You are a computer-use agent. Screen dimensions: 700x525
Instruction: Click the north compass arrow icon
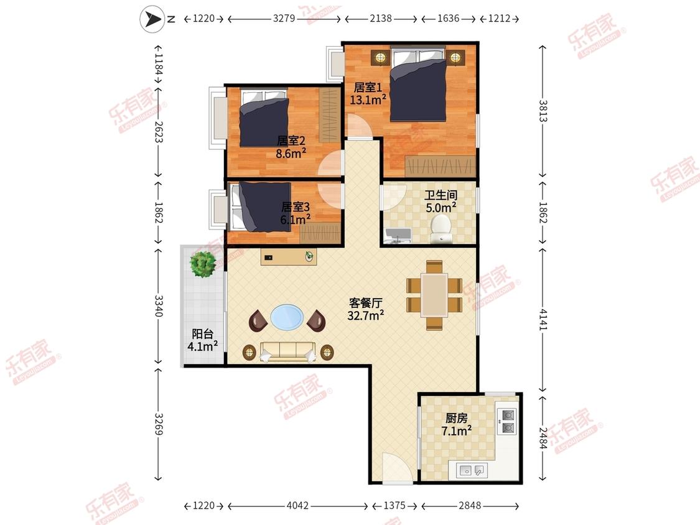(152, 19)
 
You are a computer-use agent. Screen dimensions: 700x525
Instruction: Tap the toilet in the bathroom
(441, 228)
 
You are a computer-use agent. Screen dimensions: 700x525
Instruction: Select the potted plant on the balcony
(203, 264)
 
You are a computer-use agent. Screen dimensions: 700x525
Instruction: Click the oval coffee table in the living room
(287, 317)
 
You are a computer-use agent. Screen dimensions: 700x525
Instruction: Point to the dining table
(434, 295)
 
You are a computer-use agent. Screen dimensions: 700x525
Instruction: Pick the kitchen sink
(472, 470)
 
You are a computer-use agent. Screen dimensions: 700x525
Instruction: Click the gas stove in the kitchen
(508, 422)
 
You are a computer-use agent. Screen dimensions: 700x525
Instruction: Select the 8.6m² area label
(291, 154)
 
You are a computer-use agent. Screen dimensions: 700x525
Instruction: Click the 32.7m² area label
(366, 315)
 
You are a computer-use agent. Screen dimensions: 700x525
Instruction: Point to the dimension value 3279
(284, 18)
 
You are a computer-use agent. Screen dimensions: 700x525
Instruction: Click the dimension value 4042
(297, 506)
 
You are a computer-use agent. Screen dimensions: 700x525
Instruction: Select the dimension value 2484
(543, 439)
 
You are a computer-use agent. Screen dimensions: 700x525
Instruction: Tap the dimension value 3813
(543, 111)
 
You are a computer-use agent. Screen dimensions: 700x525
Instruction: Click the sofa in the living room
(288, 352)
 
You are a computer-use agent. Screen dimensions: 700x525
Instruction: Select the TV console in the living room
(289, 257)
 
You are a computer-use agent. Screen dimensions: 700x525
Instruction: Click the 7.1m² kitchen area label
(456, 431)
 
